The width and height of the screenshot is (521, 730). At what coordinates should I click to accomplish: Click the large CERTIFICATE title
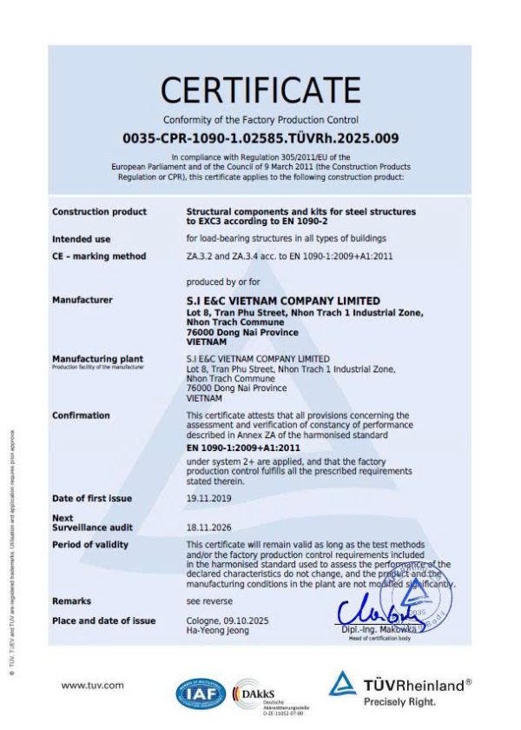[260, 90]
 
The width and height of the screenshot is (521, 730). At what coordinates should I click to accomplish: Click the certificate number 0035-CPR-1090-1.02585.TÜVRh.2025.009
[260, 137]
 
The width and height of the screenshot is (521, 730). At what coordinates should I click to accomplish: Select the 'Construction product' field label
[99, 212]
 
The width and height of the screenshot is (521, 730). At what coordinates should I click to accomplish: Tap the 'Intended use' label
[81, 239]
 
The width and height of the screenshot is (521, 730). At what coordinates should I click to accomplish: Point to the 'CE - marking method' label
[99, 256]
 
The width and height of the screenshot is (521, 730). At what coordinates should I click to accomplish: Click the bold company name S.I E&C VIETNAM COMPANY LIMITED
[283, 300]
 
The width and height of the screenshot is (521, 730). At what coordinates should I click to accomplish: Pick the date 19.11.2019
[207, 499]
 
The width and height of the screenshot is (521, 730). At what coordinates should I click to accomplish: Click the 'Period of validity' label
[89, 545]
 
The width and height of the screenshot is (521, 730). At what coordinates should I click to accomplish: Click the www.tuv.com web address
[92, 685]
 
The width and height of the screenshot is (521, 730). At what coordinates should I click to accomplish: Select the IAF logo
[201, 691]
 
